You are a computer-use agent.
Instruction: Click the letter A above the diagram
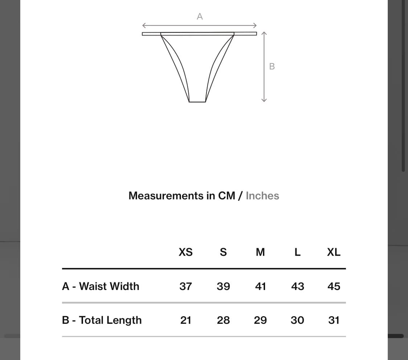199,17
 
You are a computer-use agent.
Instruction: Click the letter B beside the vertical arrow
272,67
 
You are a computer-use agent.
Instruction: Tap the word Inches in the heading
262,196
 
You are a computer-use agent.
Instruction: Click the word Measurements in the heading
166,196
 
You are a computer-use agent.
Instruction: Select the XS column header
186,252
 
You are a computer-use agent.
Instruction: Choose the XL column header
334,252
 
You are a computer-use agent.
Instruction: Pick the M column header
260,252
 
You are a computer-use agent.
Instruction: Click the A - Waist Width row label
101,286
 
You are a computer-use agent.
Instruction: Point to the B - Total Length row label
102,320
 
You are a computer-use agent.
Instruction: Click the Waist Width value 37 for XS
186,286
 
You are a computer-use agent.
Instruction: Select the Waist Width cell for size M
260,286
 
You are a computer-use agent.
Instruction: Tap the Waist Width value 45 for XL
334,286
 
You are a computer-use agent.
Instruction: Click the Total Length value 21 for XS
186,320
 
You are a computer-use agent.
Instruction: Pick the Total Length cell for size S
223,320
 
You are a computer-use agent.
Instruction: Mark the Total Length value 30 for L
297,320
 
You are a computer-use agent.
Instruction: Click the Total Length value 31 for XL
334,320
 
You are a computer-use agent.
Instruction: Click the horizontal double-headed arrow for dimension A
199,25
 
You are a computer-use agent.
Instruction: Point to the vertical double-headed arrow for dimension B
264,67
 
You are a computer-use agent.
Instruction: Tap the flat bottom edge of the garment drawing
197,102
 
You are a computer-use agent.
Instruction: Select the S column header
223,252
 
